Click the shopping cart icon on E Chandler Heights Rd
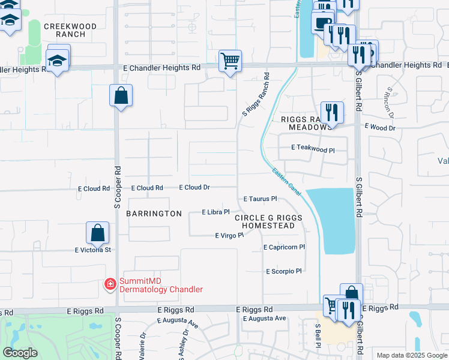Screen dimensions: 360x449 tap(230, 61)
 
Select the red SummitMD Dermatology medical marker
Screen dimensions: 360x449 tap(110, 284)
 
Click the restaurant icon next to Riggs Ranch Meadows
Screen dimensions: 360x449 tap(331, 112)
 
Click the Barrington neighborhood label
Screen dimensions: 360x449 tap(154, 214)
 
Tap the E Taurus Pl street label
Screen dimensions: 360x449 tap(260, 199)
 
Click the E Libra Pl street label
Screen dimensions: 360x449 tap(216, 212)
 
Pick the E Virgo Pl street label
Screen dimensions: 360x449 tap(229, 236)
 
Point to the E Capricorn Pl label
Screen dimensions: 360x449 tap(285, 247)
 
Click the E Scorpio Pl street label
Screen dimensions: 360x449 tap(284, 271)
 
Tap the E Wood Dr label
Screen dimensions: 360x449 tap(381, 128)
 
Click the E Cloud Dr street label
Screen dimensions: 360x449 tap(194, 187)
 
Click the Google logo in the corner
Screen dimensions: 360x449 tap(20, 353)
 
